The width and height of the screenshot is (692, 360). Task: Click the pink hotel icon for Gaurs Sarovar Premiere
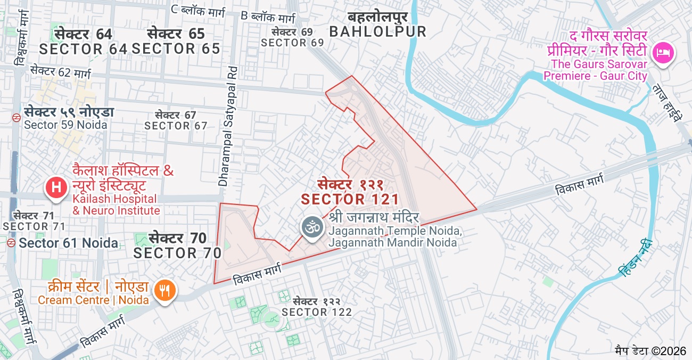pos(664,53)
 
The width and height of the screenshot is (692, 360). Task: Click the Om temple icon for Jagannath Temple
pos(312,227)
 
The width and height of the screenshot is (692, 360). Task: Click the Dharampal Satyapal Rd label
pos(227,126)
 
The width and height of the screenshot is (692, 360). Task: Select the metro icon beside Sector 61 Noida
pos(11,243)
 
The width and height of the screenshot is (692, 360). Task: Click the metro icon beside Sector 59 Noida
pos(17,113)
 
